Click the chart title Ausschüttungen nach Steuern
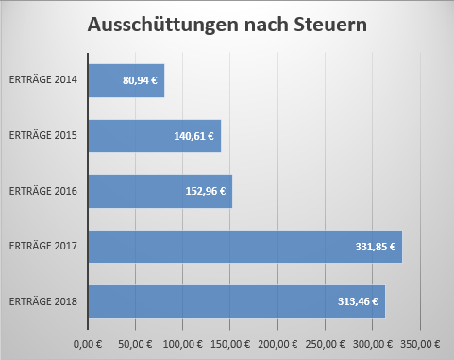pos(227,26)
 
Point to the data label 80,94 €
pos(141,81)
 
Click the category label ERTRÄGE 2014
pos(42,81)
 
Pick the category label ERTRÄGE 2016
pos(42,192)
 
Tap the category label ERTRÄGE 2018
pos(42,302)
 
